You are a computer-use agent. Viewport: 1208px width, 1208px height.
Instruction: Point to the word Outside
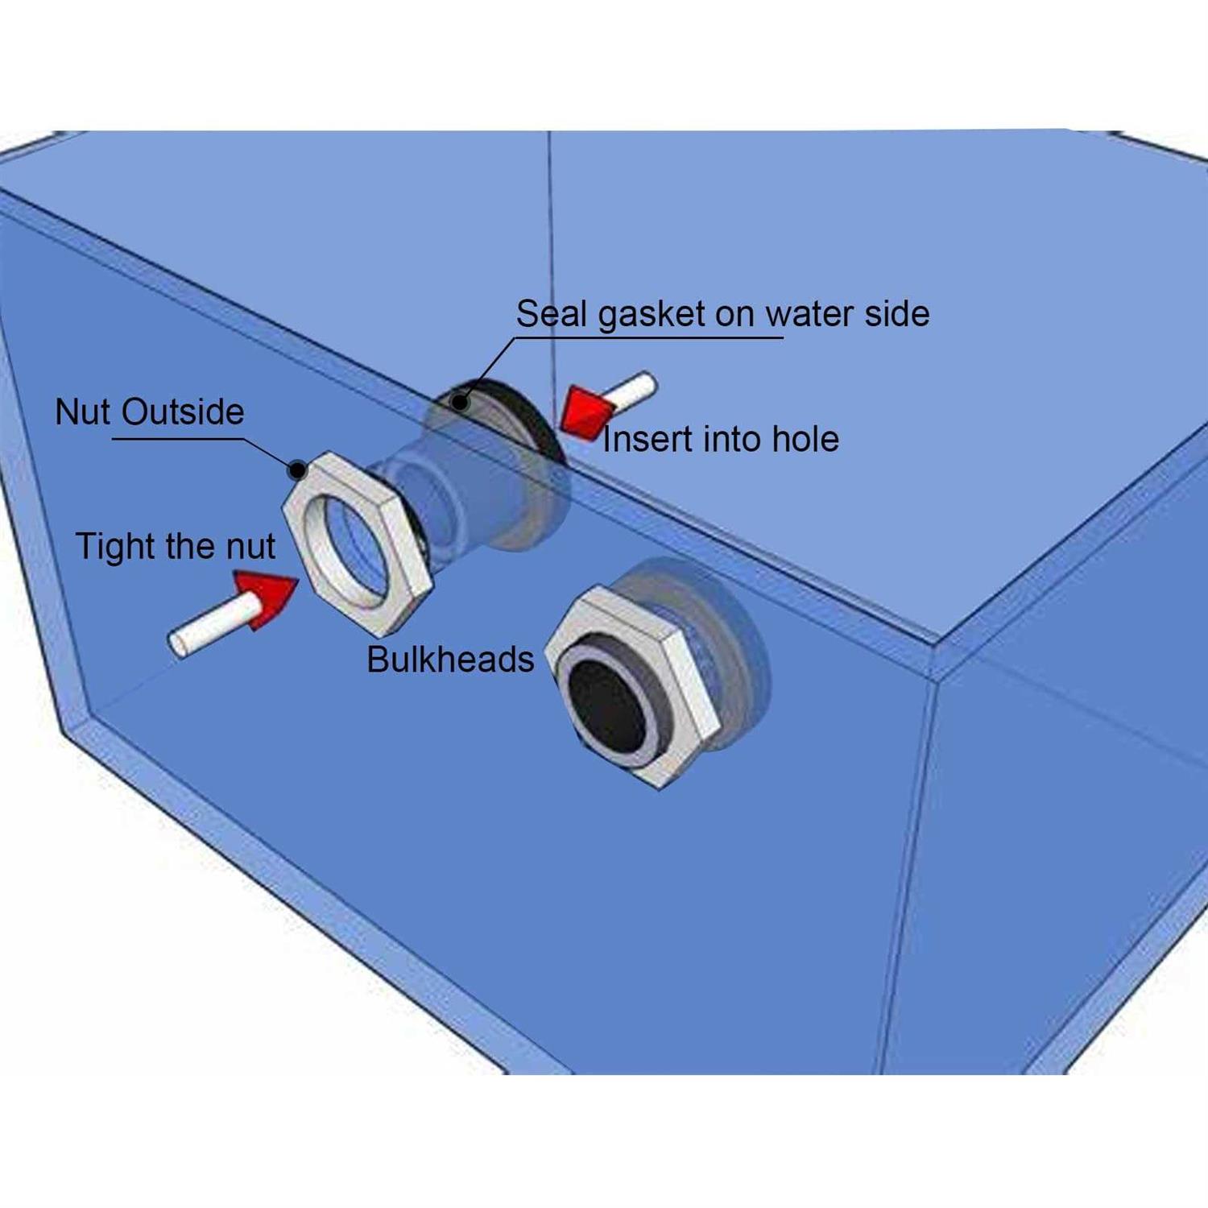pyautogui.click(x=183, y=412)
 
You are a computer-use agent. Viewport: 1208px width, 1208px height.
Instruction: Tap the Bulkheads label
pyautogui.click(x=450, y=660)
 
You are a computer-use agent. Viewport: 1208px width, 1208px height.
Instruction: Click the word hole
pyautogui.click(x=805, y=440)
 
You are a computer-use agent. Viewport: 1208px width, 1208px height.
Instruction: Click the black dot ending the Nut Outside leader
pyautogui.click(x=297, y=470)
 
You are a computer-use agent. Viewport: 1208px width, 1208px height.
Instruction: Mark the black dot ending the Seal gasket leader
pyautogui.click(x=460, y=402)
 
